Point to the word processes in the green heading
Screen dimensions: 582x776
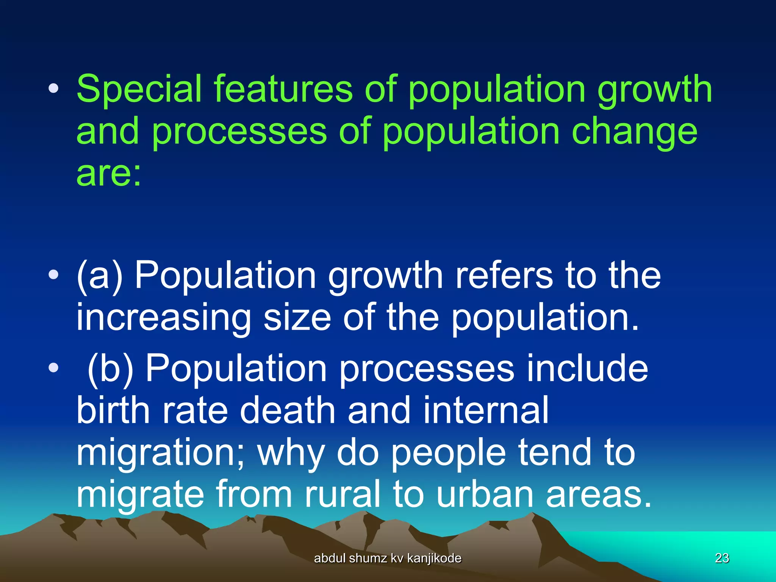point(239,133)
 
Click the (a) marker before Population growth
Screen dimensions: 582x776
point(100,276)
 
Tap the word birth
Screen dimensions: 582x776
point(113,410)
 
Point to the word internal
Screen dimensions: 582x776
point(485,410)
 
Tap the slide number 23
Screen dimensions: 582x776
point(722,558)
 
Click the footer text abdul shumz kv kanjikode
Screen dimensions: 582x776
point(388,558)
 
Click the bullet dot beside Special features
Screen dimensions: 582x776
point(53,89)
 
